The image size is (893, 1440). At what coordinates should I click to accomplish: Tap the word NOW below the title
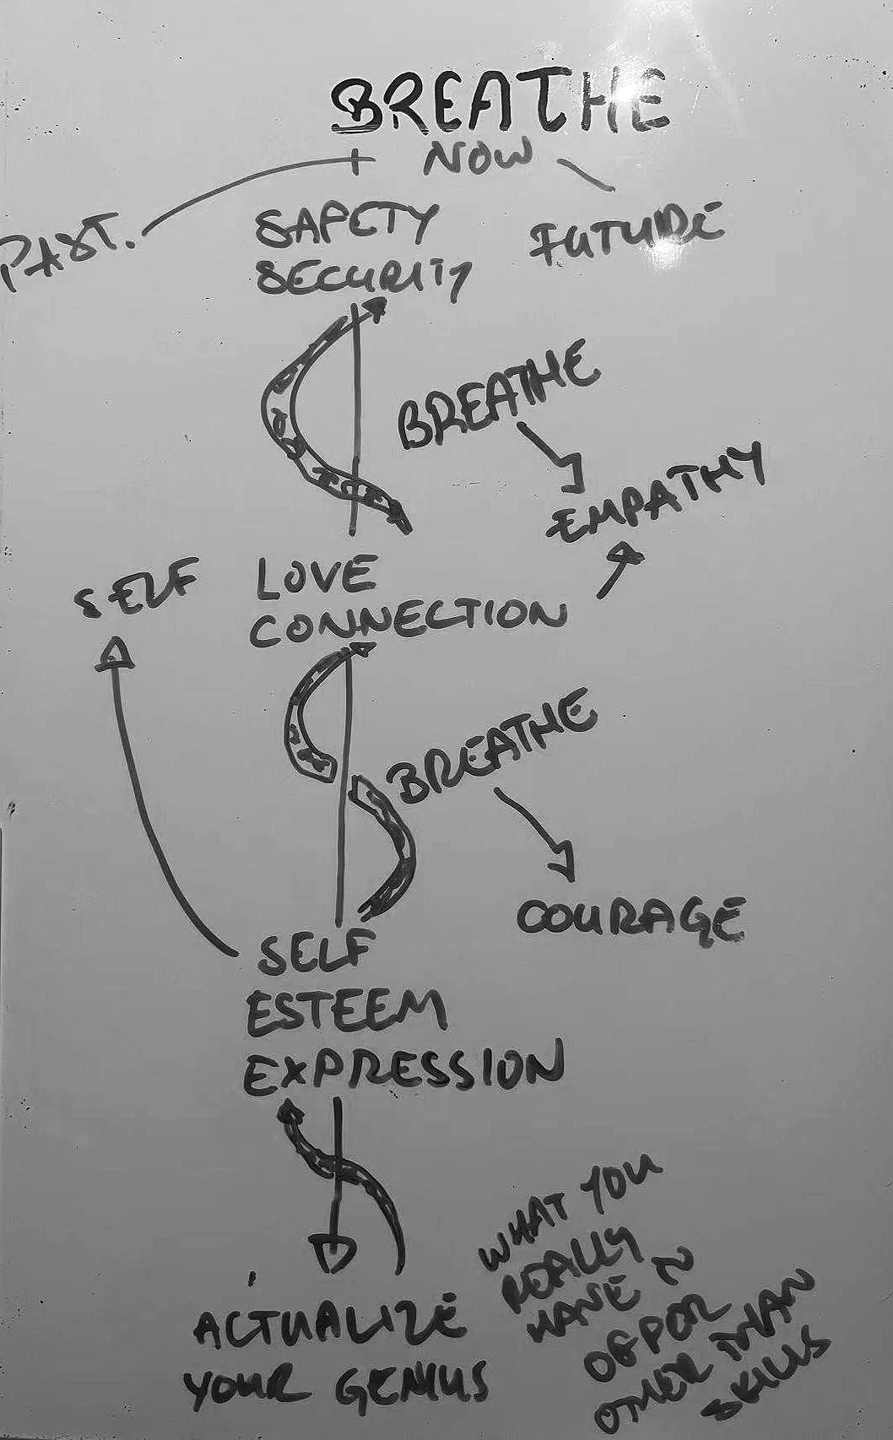[478, 158]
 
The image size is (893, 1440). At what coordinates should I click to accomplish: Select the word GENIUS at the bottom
[414, 1384]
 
